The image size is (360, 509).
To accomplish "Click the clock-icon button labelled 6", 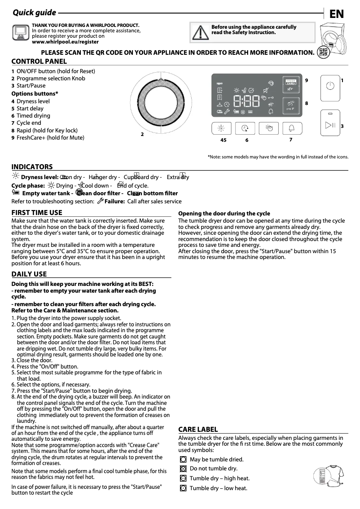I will [245, 128].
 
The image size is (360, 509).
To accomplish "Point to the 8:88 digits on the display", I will [246, 101].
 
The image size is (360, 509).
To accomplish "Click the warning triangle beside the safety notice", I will [198, 32].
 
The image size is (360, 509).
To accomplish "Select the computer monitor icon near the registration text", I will [20, 31].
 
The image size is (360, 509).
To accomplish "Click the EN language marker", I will [337, 14].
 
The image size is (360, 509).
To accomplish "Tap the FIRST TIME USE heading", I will [37, 213].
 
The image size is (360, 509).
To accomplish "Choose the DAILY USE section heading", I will [29, 274].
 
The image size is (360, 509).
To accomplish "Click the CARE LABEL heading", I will [198, 430].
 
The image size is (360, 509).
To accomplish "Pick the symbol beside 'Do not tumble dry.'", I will [183, 469].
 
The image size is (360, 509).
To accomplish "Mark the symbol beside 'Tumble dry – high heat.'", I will [183, 478].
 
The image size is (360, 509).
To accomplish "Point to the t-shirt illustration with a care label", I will [331, 477].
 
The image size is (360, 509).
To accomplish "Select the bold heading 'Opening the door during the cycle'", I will [224, 213].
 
